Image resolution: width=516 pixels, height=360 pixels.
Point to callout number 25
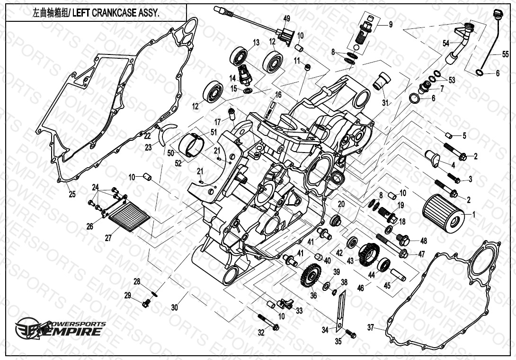tap(72, 194)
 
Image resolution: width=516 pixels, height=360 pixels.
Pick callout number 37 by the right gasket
tap(371, 327)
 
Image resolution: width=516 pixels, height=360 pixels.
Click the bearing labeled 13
tap(240, 57)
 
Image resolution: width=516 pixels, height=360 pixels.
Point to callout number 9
tap(391, 25)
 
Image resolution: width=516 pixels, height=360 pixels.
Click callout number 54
tap(445, 43)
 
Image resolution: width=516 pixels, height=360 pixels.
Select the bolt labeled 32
tap(267, 323)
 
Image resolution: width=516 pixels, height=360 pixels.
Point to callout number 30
tap(175, 307)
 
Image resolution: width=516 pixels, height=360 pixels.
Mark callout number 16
tap(278, 95)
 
